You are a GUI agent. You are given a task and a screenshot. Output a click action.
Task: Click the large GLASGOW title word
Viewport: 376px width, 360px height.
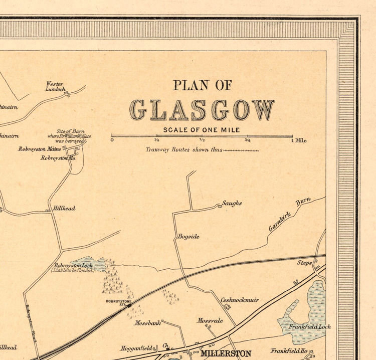point(202,110)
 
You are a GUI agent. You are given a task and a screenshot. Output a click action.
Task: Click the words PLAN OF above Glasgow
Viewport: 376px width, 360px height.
point(202,85)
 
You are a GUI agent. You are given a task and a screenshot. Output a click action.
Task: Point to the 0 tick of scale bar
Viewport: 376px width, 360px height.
point(112,140)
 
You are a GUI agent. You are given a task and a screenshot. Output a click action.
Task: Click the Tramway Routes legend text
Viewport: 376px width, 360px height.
point(183,149)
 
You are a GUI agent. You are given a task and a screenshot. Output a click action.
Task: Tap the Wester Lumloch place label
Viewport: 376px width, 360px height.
point(56,86)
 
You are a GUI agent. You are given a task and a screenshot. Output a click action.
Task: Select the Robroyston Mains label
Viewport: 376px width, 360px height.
point(40,149)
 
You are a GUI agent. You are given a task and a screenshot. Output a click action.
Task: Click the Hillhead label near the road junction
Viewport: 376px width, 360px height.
point(64,208)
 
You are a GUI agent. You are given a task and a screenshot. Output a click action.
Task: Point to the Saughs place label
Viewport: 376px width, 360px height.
point(232,203)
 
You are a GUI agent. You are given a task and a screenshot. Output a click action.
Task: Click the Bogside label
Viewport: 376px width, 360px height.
point(188,236)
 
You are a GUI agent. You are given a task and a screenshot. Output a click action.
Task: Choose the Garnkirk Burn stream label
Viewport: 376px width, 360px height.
point(290,214)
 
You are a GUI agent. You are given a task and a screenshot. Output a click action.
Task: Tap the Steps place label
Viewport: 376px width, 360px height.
point(304,262)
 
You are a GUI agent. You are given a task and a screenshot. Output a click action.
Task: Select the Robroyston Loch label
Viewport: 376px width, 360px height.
point(74,266)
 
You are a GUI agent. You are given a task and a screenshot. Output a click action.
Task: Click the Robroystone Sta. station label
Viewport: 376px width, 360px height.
point(118,302)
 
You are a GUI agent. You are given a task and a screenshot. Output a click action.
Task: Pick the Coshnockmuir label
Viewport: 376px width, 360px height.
point(240,300)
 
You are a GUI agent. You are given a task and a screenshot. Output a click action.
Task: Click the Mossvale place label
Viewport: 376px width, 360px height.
point(210,320)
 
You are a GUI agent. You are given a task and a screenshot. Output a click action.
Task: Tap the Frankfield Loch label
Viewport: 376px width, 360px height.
point(309,326)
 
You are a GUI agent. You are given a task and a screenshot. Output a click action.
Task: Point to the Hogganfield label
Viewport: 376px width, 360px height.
point(136,347)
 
